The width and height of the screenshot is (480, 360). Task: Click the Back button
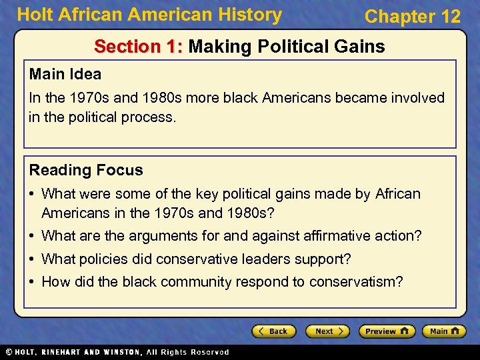point(273,331)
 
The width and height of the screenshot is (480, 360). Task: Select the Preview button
point(387,331)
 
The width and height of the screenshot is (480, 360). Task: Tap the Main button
point(443,331)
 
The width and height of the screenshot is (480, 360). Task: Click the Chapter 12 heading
point(412,17)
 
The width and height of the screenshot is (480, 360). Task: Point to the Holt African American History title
point(149,14)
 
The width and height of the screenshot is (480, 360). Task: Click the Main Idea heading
point(65,73)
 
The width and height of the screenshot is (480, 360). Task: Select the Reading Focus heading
point(86,170)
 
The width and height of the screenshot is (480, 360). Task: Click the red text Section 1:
point(139,47)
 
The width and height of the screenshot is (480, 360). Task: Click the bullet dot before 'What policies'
point(33,259)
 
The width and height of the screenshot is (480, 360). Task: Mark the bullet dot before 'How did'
point(33,283)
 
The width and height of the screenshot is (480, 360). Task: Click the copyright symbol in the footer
point(9,352)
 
